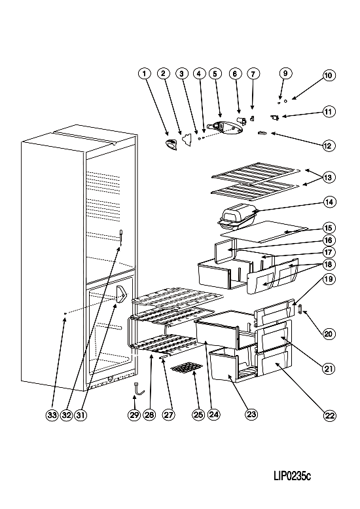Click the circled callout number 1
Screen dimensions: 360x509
click(x=145, y=73)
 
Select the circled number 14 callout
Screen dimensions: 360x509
click(x=329, y=202)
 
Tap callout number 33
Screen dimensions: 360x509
click(x=52, y=415)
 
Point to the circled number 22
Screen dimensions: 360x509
click(x=329, y=416)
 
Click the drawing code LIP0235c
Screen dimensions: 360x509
click(x=292, y=476)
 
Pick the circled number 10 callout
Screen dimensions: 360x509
click(x=329, y=75)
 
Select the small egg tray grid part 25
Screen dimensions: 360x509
click(x=187, y=368)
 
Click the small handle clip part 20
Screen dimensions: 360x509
click(x=300, y=309)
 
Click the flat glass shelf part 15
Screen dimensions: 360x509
click(x=264, y=231)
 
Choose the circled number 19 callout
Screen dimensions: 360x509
click(x=329, y=279)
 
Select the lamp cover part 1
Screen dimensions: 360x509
click(x=171, y=144)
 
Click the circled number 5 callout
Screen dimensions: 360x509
click(x=215, y=73)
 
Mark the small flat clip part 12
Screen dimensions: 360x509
click(x=262, y=132)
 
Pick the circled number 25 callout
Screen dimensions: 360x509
click(x=198, y=415)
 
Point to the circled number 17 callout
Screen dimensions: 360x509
click(x=329, y=252)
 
